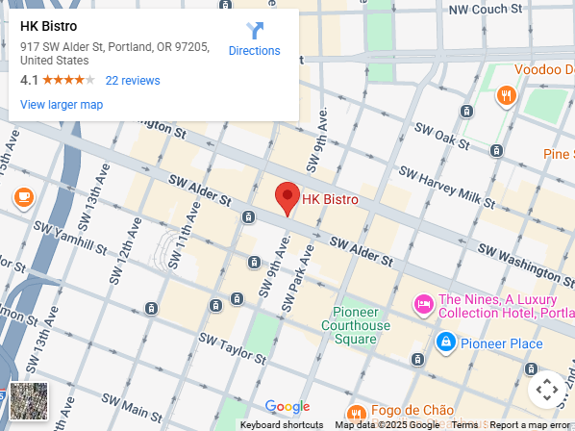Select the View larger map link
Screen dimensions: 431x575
pos(62,105)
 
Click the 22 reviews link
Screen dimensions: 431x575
pos(133,81)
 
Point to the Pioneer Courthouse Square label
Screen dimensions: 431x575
pos(362,325)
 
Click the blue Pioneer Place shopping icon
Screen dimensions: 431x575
pos(445,342)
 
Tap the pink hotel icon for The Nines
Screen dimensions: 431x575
pos(423,305)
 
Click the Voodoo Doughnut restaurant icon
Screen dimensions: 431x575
pos(505,94)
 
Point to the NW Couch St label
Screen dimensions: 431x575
pos(487,10)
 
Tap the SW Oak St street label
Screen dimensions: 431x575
pos(439,137)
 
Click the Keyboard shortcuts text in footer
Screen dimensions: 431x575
pos(282,424)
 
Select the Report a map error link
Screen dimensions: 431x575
pos(530,424)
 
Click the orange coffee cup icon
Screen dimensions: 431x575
pos(23,197)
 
